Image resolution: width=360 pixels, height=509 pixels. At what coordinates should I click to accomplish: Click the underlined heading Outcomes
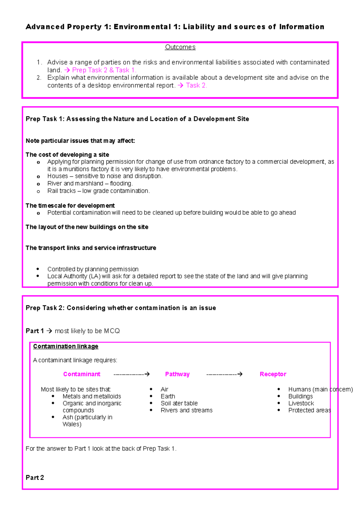point(180,47)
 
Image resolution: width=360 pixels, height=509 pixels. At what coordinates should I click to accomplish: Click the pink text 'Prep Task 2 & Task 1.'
point(104,70)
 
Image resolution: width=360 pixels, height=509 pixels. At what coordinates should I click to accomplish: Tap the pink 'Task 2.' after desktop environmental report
point(196,85)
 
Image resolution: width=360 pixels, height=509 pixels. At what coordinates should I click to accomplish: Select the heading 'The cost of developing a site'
point(67,155)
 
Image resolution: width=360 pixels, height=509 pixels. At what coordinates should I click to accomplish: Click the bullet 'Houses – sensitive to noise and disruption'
point(105,176)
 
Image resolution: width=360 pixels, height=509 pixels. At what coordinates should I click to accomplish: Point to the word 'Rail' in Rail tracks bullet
point(53,191)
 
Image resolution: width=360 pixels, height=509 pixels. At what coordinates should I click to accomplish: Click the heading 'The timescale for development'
point(70,206)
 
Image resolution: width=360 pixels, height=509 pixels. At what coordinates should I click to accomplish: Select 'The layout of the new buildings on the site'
point(87,227)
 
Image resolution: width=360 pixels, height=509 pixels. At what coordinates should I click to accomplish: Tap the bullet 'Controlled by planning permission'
point(93,269)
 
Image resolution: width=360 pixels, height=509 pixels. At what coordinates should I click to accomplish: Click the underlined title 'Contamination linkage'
point(66,346)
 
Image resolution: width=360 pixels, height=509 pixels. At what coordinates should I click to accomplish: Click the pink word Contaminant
point(82,374)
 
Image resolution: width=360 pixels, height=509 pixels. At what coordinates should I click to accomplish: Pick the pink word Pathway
point(177,374)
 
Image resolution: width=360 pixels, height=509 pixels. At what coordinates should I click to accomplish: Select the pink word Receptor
point(273,374)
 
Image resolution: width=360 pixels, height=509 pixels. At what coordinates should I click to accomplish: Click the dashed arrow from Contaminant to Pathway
point(132,374)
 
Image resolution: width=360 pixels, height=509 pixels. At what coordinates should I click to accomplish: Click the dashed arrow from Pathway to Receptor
point(224,374)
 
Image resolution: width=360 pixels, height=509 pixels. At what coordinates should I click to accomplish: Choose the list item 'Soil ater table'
point(179,403)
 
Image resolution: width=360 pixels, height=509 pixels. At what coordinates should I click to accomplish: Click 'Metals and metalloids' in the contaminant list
point(92,396)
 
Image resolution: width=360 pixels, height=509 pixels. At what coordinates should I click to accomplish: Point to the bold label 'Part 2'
point(35,478)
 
